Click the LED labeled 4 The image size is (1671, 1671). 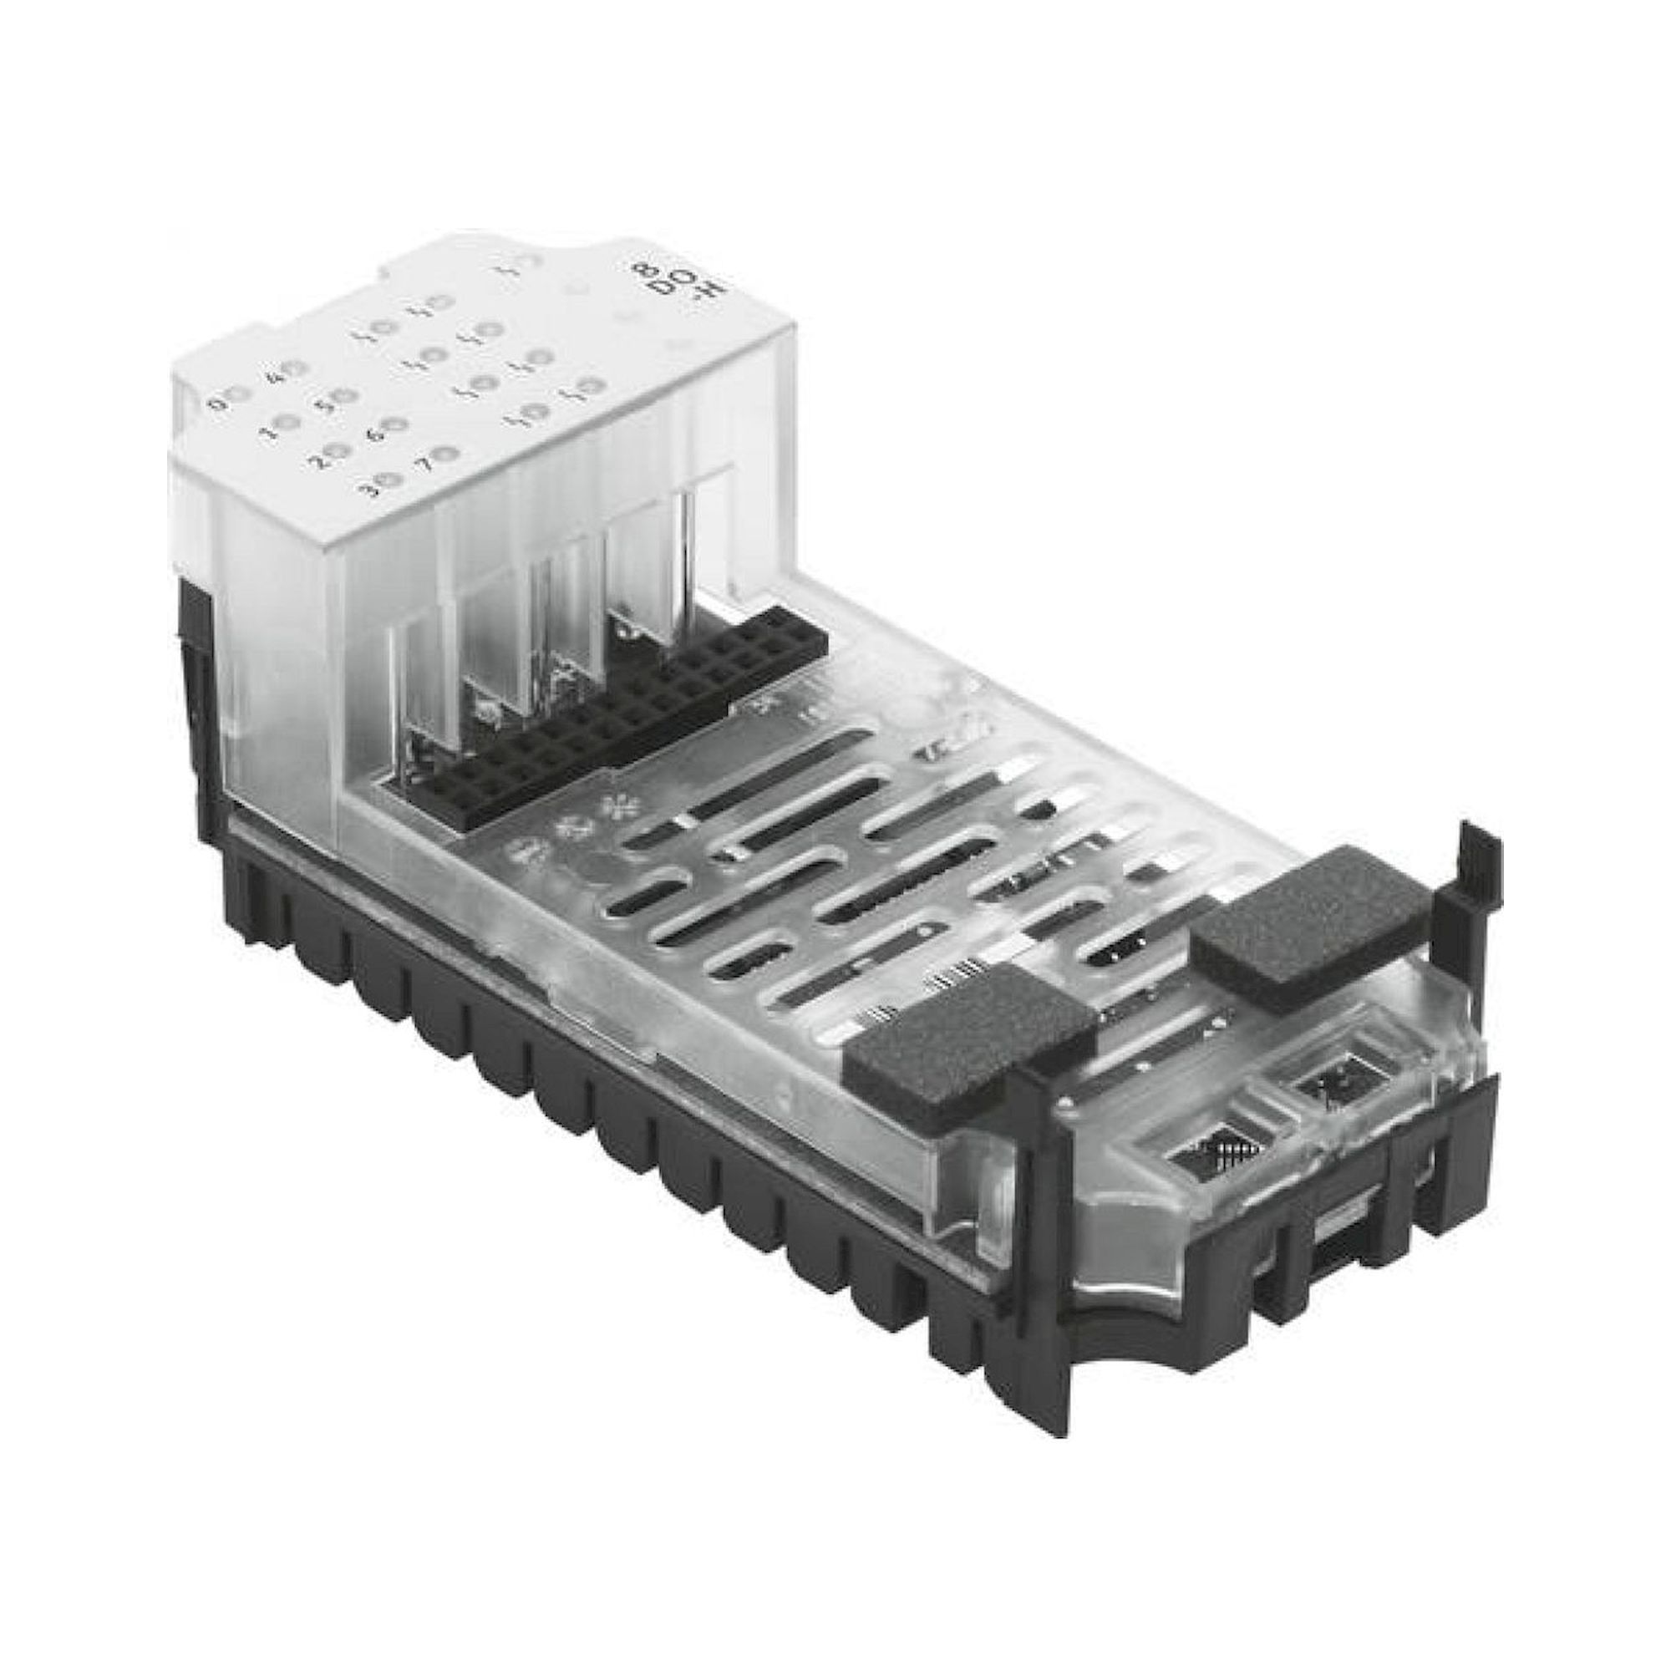click(x=295, y=369)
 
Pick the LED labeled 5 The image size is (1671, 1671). click(x=346, y=396)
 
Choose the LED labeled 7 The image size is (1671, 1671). click(x=447, y=452)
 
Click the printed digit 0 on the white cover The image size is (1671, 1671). click(x=216, y=403)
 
